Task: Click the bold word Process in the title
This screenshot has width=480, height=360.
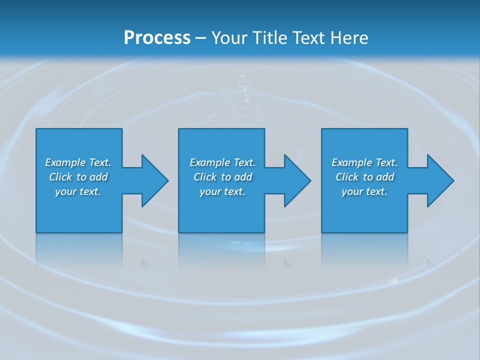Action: click(x=157, y=37)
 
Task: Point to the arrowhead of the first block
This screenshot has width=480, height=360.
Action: click(x=154, y=180)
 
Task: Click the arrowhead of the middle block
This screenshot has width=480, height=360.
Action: click(x=297, y=180)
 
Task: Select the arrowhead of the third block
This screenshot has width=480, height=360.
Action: click(x=440, y=180)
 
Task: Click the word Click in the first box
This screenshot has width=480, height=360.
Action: click(x=60, y=177)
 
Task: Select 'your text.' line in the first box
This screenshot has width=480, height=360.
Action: click(x=78, y=191)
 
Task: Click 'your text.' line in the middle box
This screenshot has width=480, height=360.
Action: click(x=222, y=191)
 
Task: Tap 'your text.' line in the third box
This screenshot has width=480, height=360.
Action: click(x=364, y=191)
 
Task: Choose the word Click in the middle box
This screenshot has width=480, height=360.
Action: click(x=205, y=177)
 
